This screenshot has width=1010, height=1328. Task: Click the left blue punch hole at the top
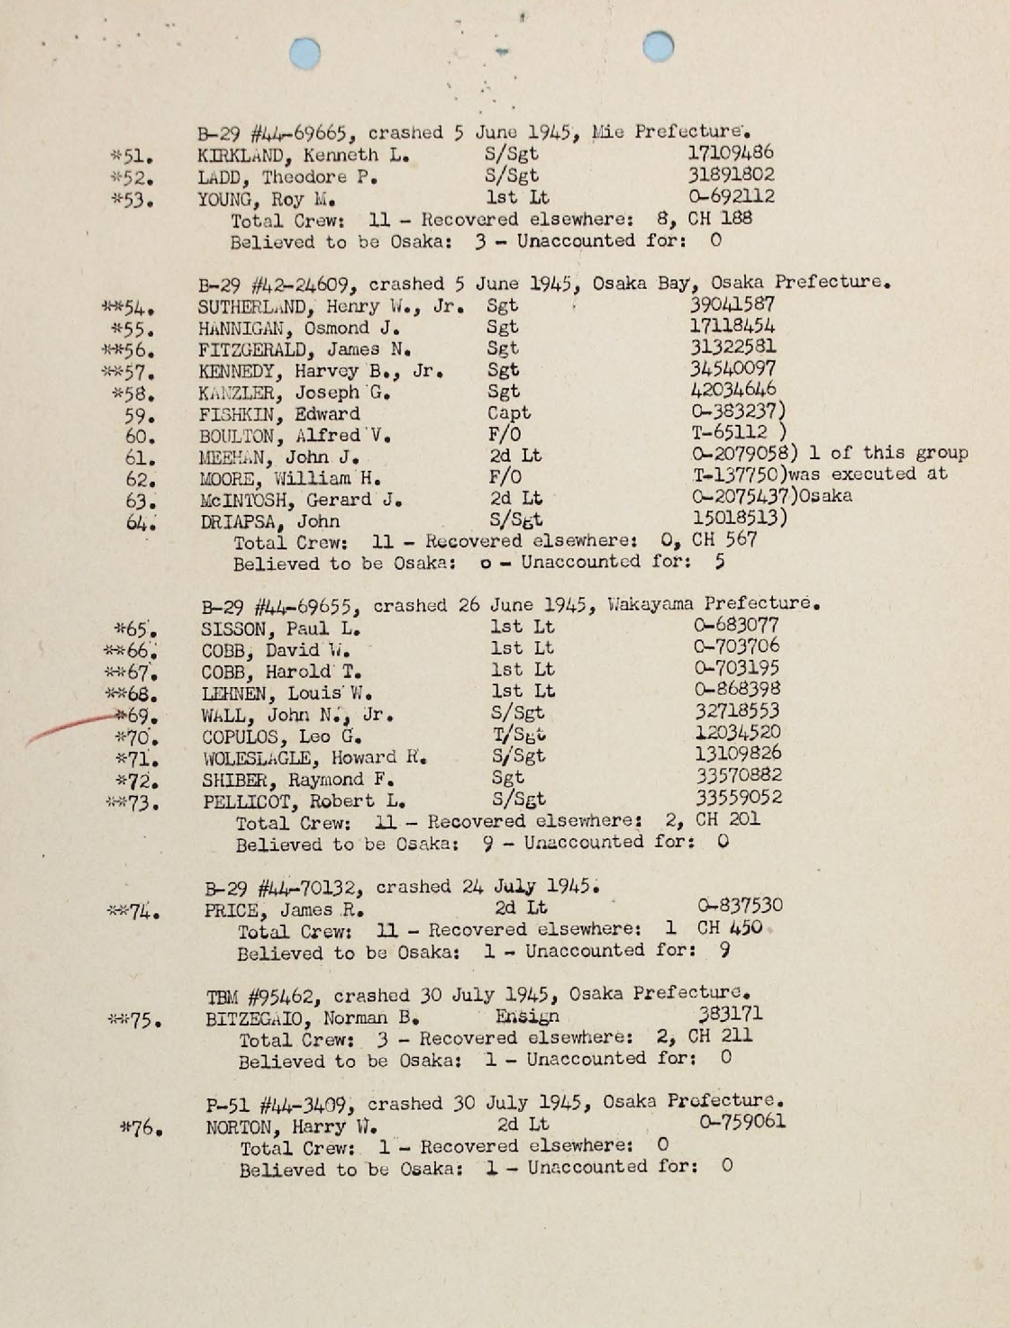coord(305,53)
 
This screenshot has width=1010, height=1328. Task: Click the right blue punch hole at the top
coord(659,46)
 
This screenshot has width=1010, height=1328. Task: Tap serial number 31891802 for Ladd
coord(731,174)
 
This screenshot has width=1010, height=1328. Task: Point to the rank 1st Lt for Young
coord(517,197)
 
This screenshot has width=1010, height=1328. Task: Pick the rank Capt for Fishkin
coord(509,413)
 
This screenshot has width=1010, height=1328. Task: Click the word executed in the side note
coord(873,474)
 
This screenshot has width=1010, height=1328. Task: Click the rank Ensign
coord(527,1016)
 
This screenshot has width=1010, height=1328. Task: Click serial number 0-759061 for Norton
coord(742,1122)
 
